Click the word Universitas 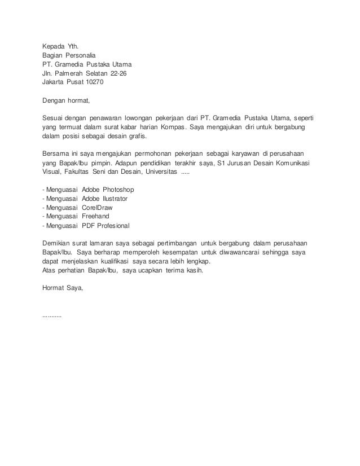(x=157, y=173)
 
